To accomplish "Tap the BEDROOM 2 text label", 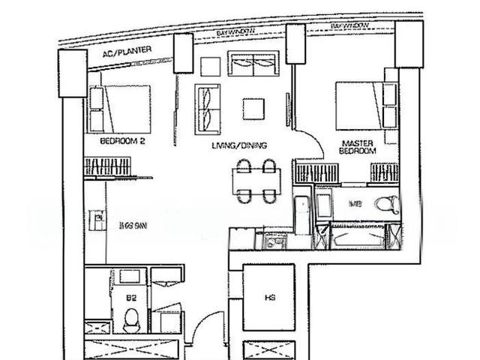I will pos(121,141).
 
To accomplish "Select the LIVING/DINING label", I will pos(240,145).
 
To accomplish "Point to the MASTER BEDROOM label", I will pos(358,146).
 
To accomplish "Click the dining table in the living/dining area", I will pos(256,181).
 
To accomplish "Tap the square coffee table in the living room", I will pos(253,109).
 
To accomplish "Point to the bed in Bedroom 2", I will pos(120,109).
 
